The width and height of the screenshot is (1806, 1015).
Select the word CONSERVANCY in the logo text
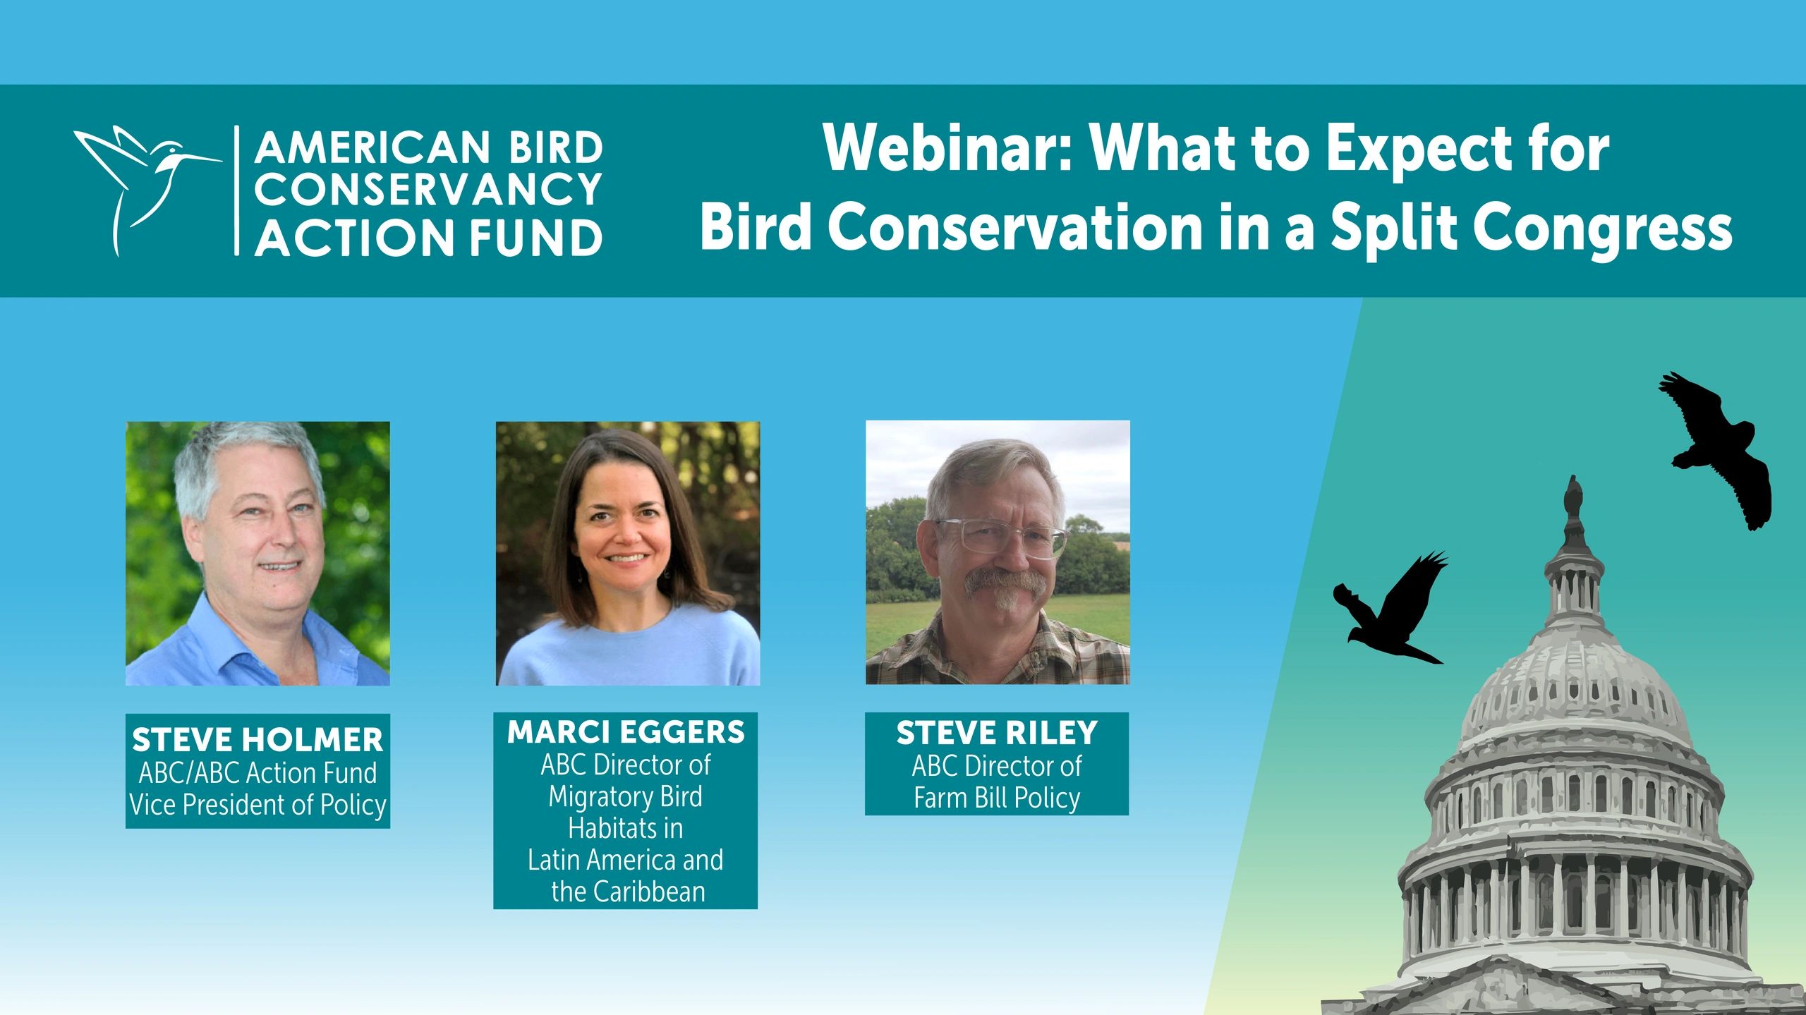(428, 190)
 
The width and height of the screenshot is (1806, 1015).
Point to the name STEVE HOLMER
(257, 740)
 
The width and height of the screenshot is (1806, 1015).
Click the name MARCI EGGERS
(626, 732)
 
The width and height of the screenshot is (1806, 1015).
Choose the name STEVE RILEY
(997, 734)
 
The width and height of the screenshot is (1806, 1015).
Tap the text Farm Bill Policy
(997, 798)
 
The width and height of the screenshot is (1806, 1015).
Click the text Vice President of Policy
(257, 805)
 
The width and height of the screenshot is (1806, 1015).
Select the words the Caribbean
(628, 892)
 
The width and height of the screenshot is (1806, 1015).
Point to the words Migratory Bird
(626, 796)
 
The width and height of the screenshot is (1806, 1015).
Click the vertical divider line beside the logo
(236, 190)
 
